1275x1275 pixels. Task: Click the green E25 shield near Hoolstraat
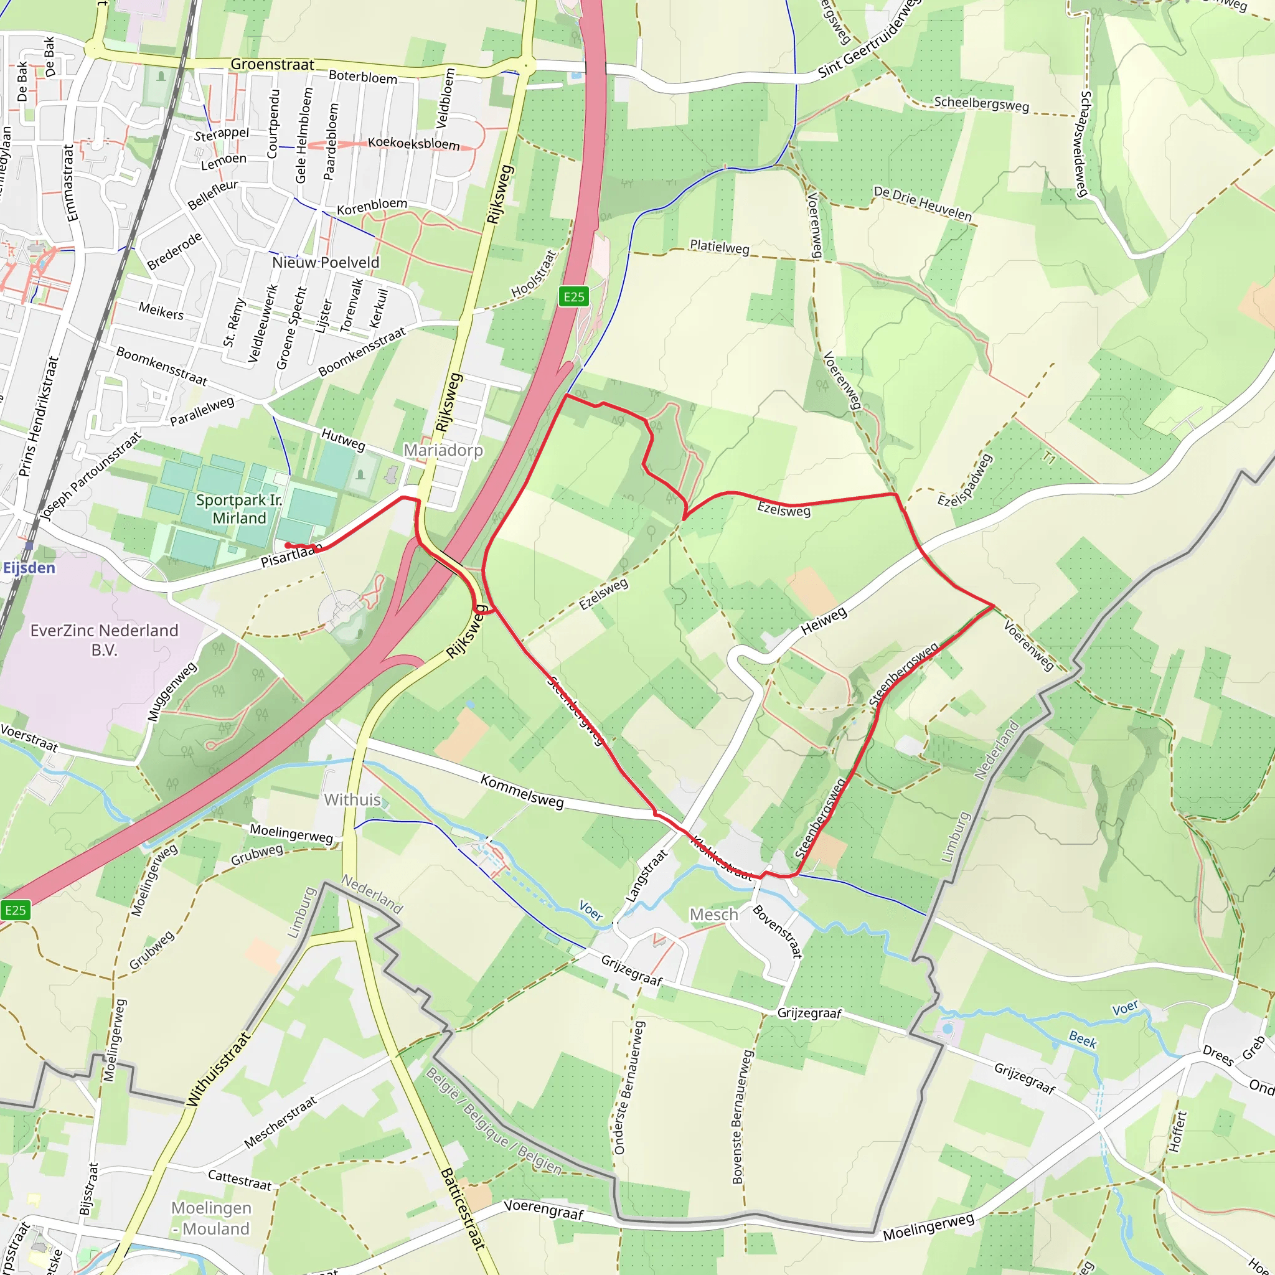pos(573,297)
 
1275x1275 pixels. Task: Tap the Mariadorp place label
pos(443,450)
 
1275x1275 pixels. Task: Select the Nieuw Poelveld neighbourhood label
pos(326,263)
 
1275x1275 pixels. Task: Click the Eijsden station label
pos(29,568)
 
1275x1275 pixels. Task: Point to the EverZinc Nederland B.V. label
pos(104,640)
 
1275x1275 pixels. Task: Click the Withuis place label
pos(352,800)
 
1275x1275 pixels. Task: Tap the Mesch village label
pos(713,915)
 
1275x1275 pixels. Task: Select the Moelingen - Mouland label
pos(211,1218)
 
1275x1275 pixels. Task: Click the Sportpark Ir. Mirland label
pos(239,509)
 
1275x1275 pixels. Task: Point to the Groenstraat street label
pos(272,64)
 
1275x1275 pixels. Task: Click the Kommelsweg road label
pos(522,791)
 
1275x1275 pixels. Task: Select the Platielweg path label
pos(719,247)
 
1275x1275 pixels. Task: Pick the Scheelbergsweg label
pos(981,104)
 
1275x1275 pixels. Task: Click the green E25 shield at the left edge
pos(15,911)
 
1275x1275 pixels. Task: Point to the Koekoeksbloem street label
pos(413,143)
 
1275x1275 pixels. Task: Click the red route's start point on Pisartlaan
pos(288,545)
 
